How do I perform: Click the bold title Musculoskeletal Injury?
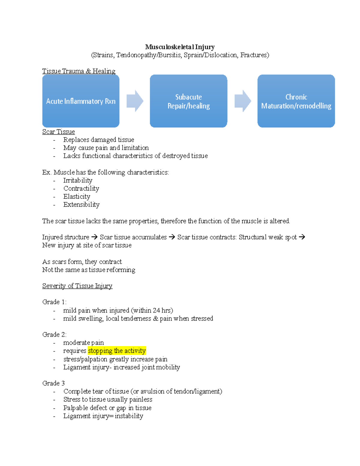tap(180, 47)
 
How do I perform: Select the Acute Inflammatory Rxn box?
tap(81, 101)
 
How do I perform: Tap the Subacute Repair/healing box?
tap(188, 101)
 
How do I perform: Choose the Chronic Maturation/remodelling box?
tap(296, 101)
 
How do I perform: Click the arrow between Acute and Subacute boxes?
tap(135, 101)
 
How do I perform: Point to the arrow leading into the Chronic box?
tap(242, 101)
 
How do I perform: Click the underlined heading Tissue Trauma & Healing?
tap(79, 71)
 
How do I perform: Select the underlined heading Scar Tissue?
tap(58, 132)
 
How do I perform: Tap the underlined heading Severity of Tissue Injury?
tap(77, 286)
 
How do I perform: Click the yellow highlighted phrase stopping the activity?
tap(117, 351)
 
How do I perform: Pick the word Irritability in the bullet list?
tap(78, 180)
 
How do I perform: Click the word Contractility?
tap(81, 188)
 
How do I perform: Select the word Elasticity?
tap(76, 197)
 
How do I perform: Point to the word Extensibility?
tap(81, 205)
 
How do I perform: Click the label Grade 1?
tap(54, 302)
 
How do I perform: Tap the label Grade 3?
tap(53, 383)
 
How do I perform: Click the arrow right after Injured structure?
tap(94, 237)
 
